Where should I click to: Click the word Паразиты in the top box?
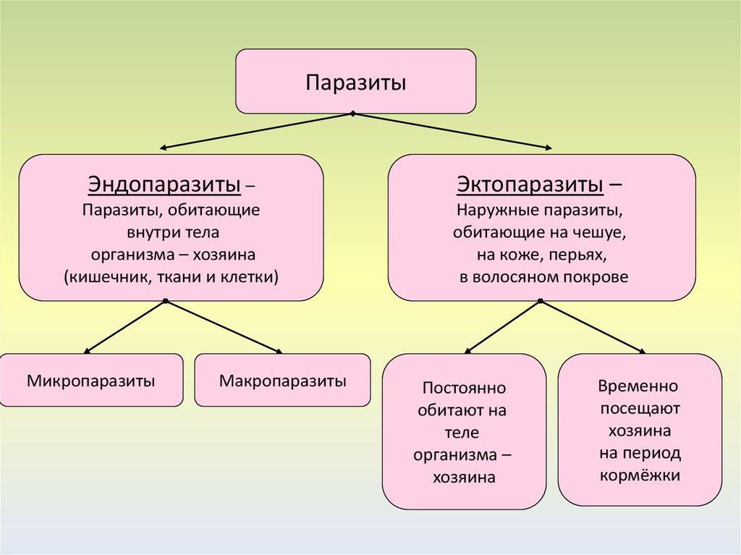pos(355,82)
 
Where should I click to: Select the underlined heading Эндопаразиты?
pos(164,185)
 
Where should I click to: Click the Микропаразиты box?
pos(91,380)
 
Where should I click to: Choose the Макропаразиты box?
pos(283,380)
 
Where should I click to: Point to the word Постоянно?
pos(464,389)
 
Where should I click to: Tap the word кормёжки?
pos(640,475)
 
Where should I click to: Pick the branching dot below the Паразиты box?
pos(352,114)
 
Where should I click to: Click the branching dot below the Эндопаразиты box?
pos(166,300)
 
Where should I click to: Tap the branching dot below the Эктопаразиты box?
pos(540,300)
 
